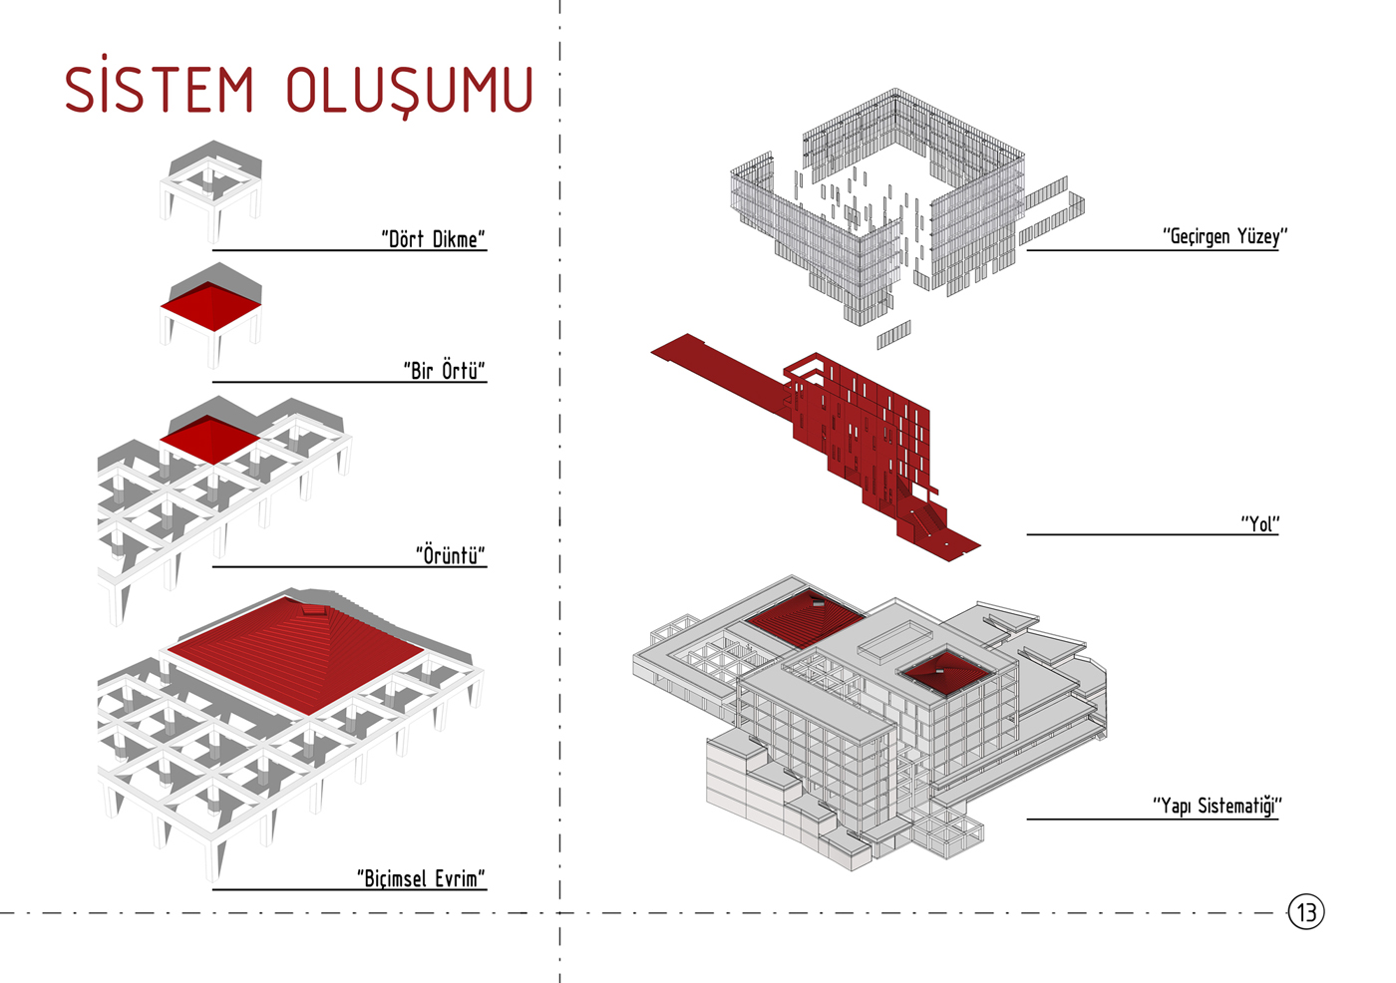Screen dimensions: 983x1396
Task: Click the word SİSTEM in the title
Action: pyautogui.click(x=160, y=90)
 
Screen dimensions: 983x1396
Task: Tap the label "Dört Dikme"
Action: pyautogui.click(x=433, y=238)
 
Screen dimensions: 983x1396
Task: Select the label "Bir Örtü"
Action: pyautogui.click(x=444, y=370)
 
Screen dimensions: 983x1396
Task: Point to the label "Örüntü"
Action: pyautogui.click(x=450, y=554)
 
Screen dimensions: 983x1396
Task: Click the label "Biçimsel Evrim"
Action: pyautogui.click(x=421, y=877)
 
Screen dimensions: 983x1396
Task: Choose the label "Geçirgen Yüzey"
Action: pyautogui.click(x=1224, y=236)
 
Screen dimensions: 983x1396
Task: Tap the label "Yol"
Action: pyautogui.click(x=1259, y=523)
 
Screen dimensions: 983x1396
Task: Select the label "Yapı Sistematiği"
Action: pyautogui.click(x=1217, y=805)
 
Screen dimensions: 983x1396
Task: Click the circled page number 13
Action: pyautogui.click(x=1306, y=911)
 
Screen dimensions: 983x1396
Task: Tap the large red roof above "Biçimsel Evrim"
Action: pyautogui.click(x=296, y=653)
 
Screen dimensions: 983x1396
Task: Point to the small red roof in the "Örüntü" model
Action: pyautogui.click(x=209, y=439)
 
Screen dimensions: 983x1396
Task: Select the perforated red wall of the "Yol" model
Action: pyautogui.click(x=868, y=424)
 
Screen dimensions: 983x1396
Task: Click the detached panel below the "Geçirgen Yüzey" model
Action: pyautogui.click(x=893, y=335)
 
